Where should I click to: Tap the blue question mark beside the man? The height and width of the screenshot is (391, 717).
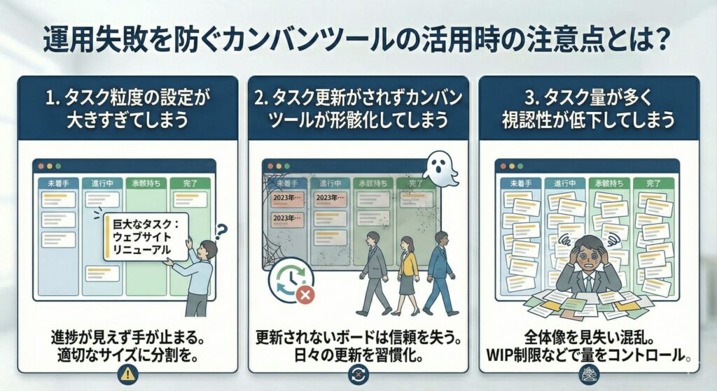point(223,229)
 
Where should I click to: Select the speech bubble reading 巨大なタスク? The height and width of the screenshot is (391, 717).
point(145,236)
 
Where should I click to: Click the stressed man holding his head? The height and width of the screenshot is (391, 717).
point(593,267)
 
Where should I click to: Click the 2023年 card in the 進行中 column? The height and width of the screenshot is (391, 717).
point(328,199)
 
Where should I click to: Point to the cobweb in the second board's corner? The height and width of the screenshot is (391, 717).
point(273,178)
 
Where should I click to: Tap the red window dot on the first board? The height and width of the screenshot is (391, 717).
point(42,166)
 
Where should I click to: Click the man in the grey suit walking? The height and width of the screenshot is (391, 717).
point(373,273)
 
